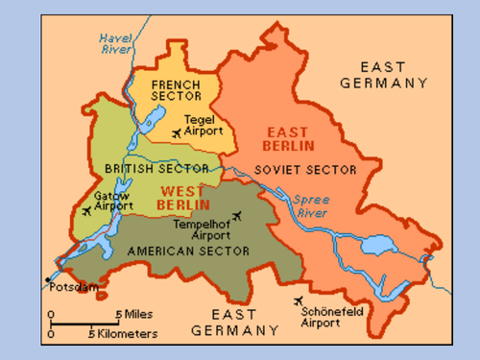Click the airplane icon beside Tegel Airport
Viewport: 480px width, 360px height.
[178, 133]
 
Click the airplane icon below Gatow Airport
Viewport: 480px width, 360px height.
[87, 211]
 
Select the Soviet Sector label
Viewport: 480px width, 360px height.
[305, 169]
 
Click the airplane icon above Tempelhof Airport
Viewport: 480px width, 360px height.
[236, 216]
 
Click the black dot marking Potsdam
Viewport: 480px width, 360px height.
[46, 280]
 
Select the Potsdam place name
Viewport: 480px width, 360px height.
[75, 288]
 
